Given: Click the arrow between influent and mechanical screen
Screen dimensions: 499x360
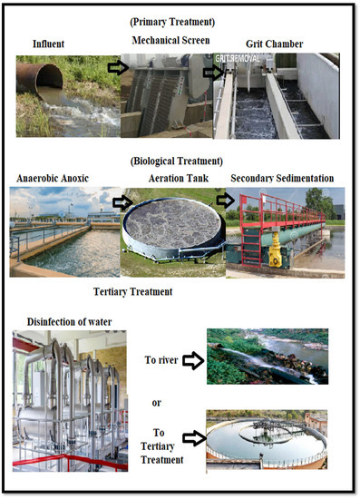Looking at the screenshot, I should point(117,67).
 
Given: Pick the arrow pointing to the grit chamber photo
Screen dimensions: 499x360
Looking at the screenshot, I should point(213,72).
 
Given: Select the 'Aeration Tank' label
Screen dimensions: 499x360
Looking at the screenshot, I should point(172,180).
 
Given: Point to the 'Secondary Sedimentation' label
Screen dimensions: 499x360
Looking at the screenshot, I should point(287,180).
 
